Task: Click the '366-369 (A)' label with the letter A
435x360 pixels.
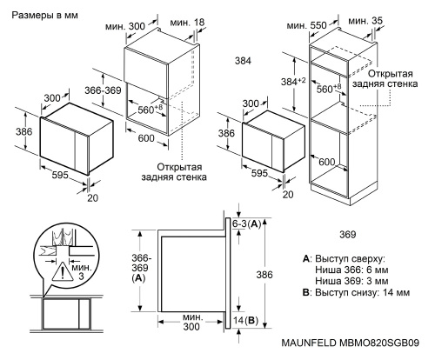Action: pos(139,266)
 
